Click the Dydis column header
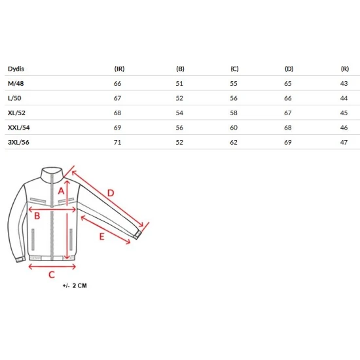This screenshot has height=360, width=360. pyautogui.click(x=16, y=69)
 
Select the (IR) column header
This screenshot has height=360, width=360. pyautogui.click(x=119, y=69)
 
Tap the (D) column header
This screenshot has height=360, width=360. pyautogui.click(x=289, y=69)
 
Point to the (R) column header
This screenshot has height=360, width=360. pyautogui.click(x=345, y=69)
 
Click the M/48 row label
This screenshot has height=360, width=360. pyautogui.click(x=16, y=83)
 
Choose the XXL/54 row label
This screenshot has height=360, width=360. pyautogui.click(x=18, y=128)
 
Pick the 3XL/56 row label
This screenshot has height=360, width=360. pyautogui.click(x=18, y=142)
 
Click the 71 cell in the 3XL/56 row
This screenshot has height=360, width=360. pyautogui.click(x=117, y=142)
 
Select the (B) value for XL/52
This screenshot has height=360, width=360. pyautogui.click(x=179, y=113)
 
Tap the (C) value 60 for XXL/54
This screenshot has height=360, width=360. pyautogui.click(x=234, y=128)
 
